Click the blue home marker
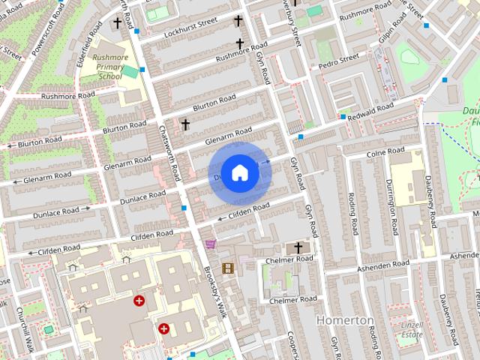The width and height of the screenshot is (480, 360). coord(239,172)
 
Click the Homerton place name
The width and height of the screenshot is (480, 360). coord(345,320)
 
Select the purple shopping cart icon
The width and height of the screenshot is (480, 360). coord(210,244)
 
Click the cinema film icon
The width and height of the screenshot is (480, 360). coord(227,268)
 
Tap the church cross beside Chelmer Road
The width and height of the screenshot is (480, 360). coord(297,247)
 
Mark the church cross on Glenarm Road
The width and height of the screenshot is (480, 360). coord(185,124)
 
